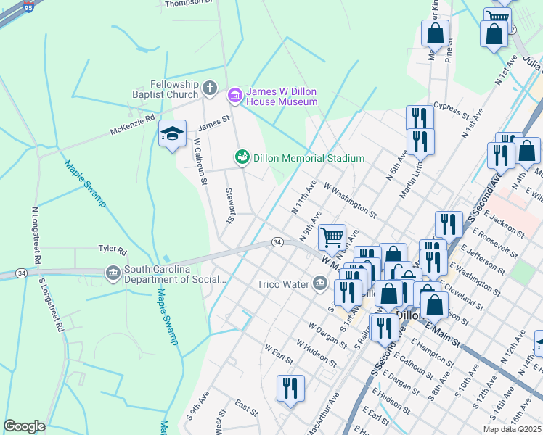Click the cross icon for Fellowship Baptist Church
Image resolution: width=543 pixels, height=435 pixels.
click(210, 89)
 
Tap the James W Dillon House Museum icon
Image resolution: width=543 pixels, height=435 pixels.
click(234, 95)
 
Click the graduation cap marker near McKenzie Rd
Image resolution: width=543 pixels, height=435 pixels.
click(172, 134)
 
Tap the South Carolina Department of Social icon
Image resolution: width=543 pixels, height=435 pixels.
click(113, 273)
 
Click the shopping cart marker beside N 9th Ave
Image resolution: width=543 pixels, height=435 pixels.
click(332, 236)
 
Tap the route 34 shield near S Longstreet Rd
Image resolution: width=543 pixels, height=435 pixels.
click(21, 273)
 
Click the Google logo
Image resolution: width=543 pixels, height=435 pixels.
click(25, 426)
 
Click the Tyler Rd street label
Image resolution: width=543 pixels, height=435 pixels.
click(113, 249)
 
